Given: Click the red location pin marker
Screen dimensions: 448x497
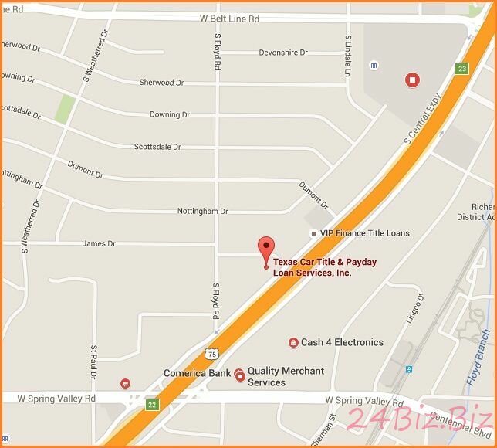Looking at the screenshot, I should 266,249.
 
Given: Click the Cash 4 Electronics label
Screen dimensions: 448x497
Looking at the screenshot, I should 342,342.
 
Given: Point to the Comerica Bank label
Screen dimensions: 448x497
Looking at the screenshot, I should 197,373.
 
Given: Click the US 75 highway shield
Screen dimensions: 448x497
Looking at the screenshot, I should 212,354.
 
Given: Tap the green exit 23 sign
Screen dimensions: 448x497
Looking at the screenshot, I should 462,69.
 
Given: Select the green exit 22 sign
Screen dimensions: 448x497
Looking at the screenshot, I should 152,405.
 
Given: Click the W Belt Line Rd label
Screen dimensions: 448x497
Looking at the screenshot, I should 229,19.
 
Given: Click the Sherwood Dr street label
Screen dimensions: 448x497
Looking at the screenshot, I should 161,82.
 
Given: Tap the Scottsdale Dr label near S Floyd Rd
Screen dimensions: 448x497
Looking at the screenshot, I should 157,146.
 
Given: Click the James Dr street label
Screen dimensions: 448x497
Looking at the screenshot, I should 99,243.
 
